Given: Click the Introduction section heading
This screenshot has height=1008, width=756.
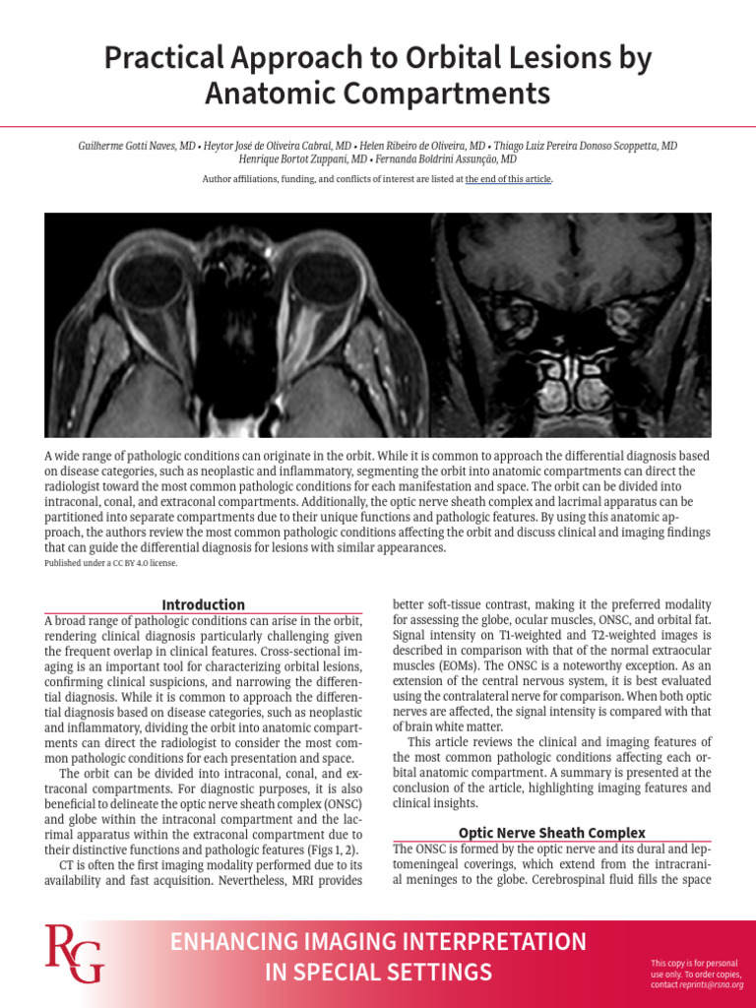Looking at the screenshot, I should [203, 604].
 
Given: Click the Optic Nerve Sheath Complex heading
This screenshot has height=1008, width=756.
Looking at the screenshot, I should [552, 833].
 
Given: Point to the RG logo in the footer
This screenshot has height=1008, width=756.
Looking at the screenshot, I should [73, 954].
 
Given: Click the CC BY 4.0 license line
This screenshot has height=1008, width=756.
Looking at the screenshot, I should [111, 563].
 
